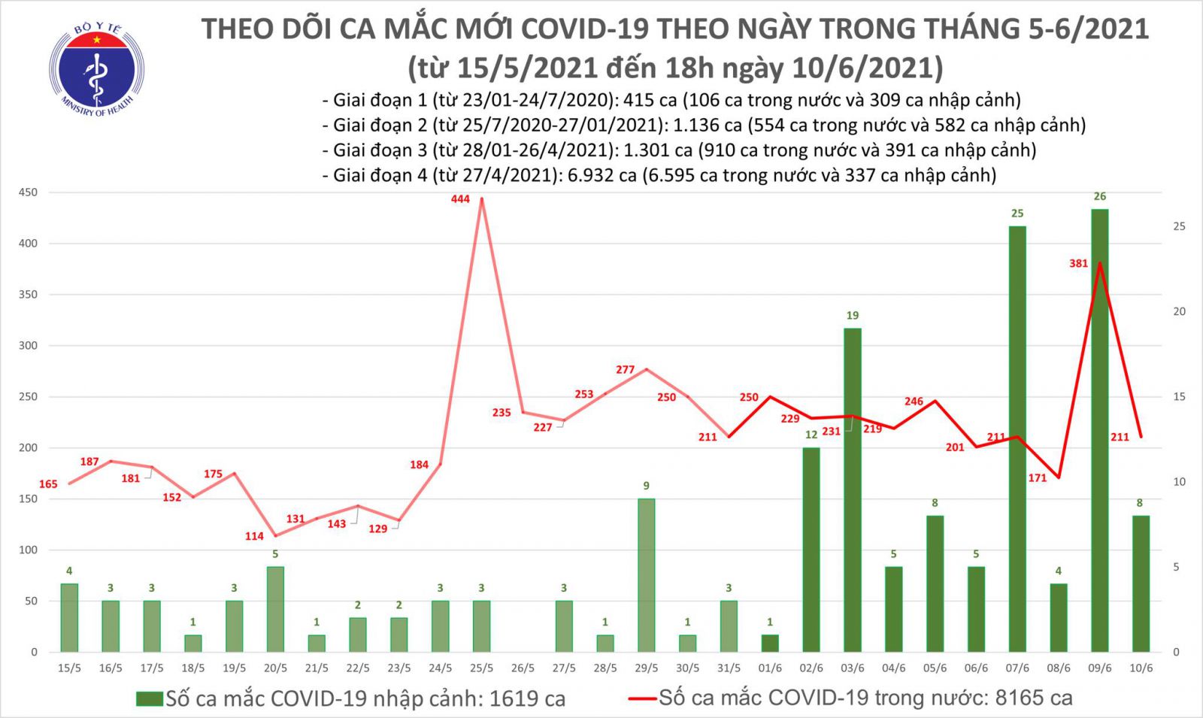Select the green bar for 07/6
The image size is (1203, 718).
1017,439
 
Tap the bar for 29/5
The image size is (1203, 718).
646,575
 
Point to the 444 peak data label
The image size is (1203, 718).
460,199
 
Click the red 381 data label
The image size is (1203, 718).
1078,264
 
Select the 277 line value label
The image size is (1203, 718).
625,370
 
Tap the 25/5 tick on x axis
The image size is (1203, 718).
481,668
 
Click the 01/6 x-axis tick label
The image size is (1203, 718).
770,668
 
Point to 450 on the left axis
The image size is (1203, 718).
28,193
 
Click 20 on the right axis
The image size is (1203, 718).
1179,312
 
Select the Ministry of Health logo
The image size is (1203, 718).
97,70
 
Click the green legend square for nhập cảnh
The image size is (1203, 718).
149,699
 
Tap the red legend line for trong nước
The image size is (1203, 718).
643,699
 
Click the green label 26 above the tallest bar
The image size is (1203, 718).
1099,197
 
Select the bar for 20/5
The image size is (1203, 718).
275,609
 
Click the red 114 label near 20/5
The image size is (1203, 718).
254,536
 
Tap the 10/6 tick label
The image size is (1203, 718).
1141,668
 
